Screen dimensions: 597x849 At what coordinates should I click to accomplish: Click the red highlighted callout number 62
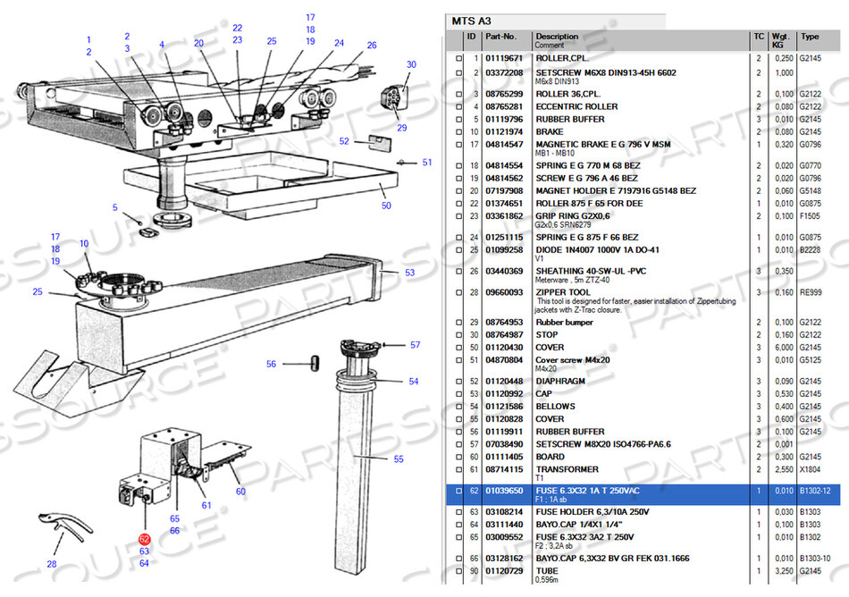click(144, 538)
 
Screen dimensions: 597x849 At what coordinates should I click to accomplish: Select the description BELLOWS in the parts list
click(556, 407)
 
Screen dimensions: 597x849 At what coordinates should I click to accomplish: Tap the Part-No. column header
click(500, 37)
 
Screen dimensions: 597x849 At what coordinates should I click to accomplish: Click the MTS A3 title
click(472, 21)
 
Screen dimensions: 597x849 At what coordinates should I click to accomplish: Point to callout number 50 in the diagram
click(386, 206)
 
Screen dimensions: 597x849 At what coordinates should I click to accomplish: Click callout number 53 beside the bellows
click(409, 272)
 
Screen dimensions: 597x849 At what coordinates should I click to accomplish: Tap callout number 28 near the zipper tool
click(51, 564)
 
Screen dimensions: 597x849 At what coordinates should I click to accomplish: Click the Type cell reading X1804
click(810, 469)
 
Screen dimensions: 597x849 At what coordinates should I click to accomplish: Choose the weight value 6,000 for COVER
click(784, 348)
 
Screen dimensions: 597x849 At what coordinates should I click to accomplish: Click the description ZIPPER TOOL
click(563, 291)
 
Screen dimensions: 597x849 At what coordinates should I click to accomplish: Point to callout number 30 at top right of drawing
click(411, 64)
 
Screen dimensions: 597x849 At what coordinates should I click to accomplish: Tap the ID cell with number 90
click(474, 571)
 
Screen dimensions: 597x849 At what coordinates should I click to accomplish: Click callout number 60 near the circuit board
click(240, 491)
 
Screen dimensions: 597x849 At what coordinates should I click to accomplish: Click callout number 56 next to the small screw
click(272, 364)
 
